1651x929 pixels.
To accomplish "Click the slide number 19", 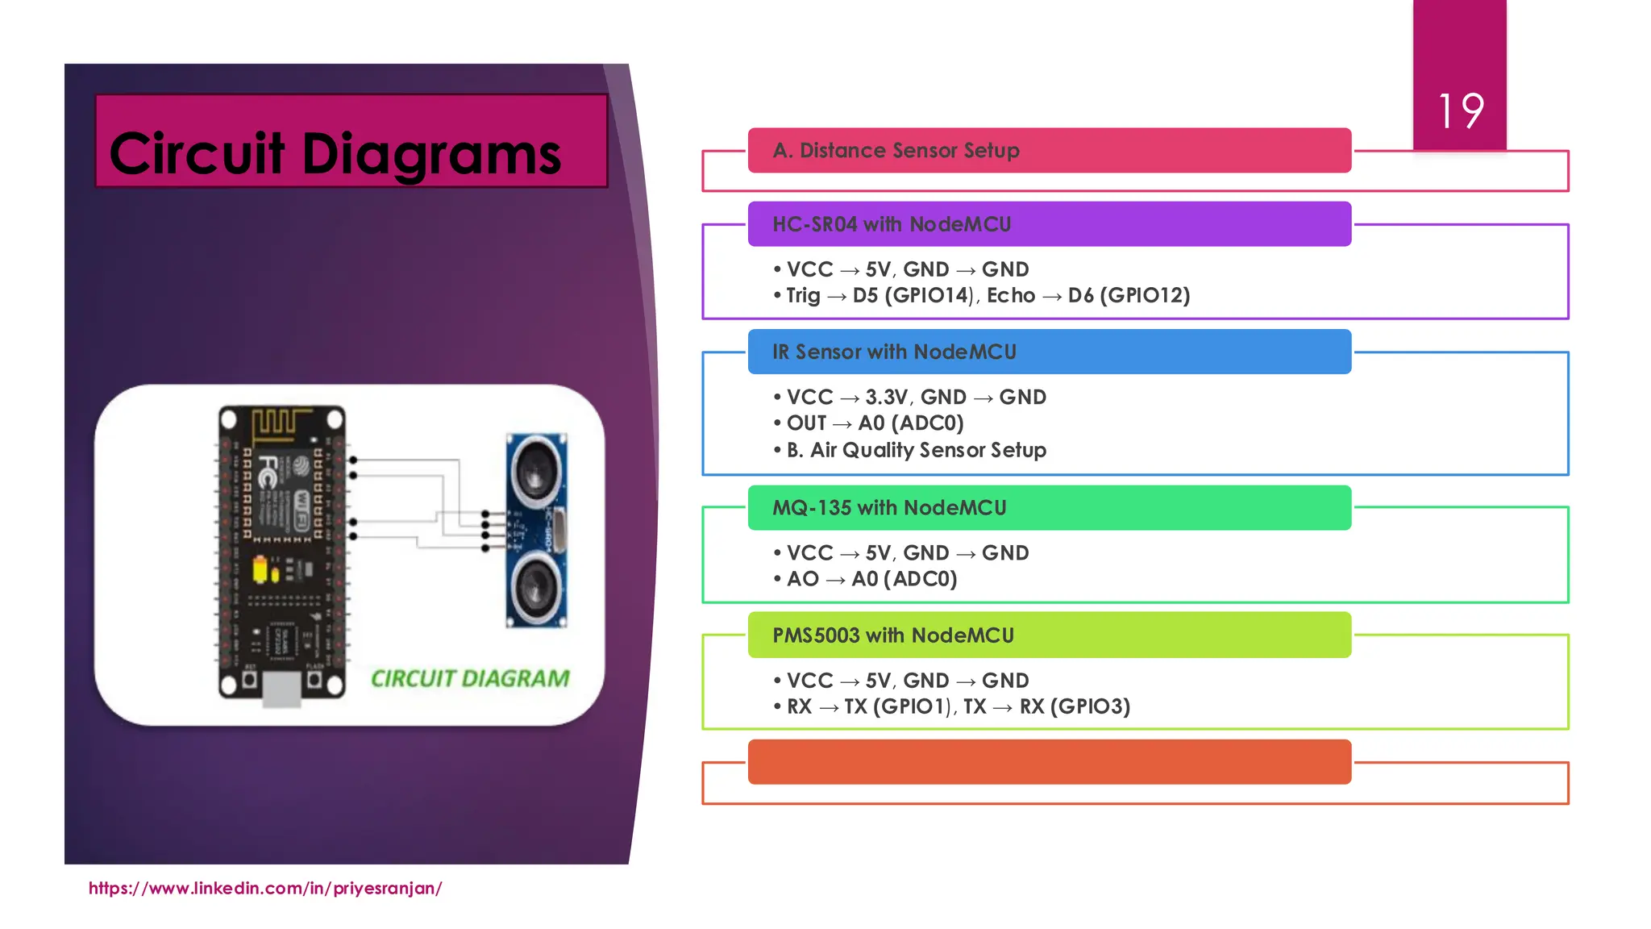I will coord(1460,111).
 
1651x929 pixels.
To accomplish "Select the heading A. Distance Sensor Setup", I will coord(896,151).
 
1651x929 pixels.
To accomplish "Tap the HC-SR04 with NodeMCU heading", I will coord(892,224).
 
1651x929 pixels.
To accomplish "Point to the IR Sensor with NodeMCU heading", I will coord(894,352).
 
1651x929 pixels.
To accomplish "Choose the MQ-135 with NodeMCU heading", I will coord(889,508).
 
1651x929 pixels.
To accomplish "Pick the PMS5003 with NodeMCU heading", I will coord(893,635).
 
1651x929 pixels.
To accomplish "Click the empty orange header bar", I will coord(1049,762).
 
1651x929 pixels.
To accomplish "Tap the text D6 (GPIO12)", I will coord(1129,296).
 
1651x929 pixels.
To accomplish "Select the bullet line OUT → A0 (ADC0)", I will coord(874,423).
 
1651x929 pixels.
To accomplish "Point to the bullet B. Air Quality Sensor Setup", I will coord(916,450).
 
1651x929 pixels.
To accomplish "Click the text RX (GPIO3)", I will coord(1075,707).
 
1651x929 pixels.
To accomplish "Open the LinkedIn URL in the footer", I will coord(265,889).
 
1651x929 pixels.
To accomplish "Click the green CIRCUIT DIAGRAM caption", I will coord(470,679).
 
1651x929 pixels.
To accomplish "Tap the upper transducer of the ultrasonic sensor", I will coord(536,467).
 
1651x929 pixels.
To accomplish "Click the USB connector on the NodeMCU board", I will coord(281,689).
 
